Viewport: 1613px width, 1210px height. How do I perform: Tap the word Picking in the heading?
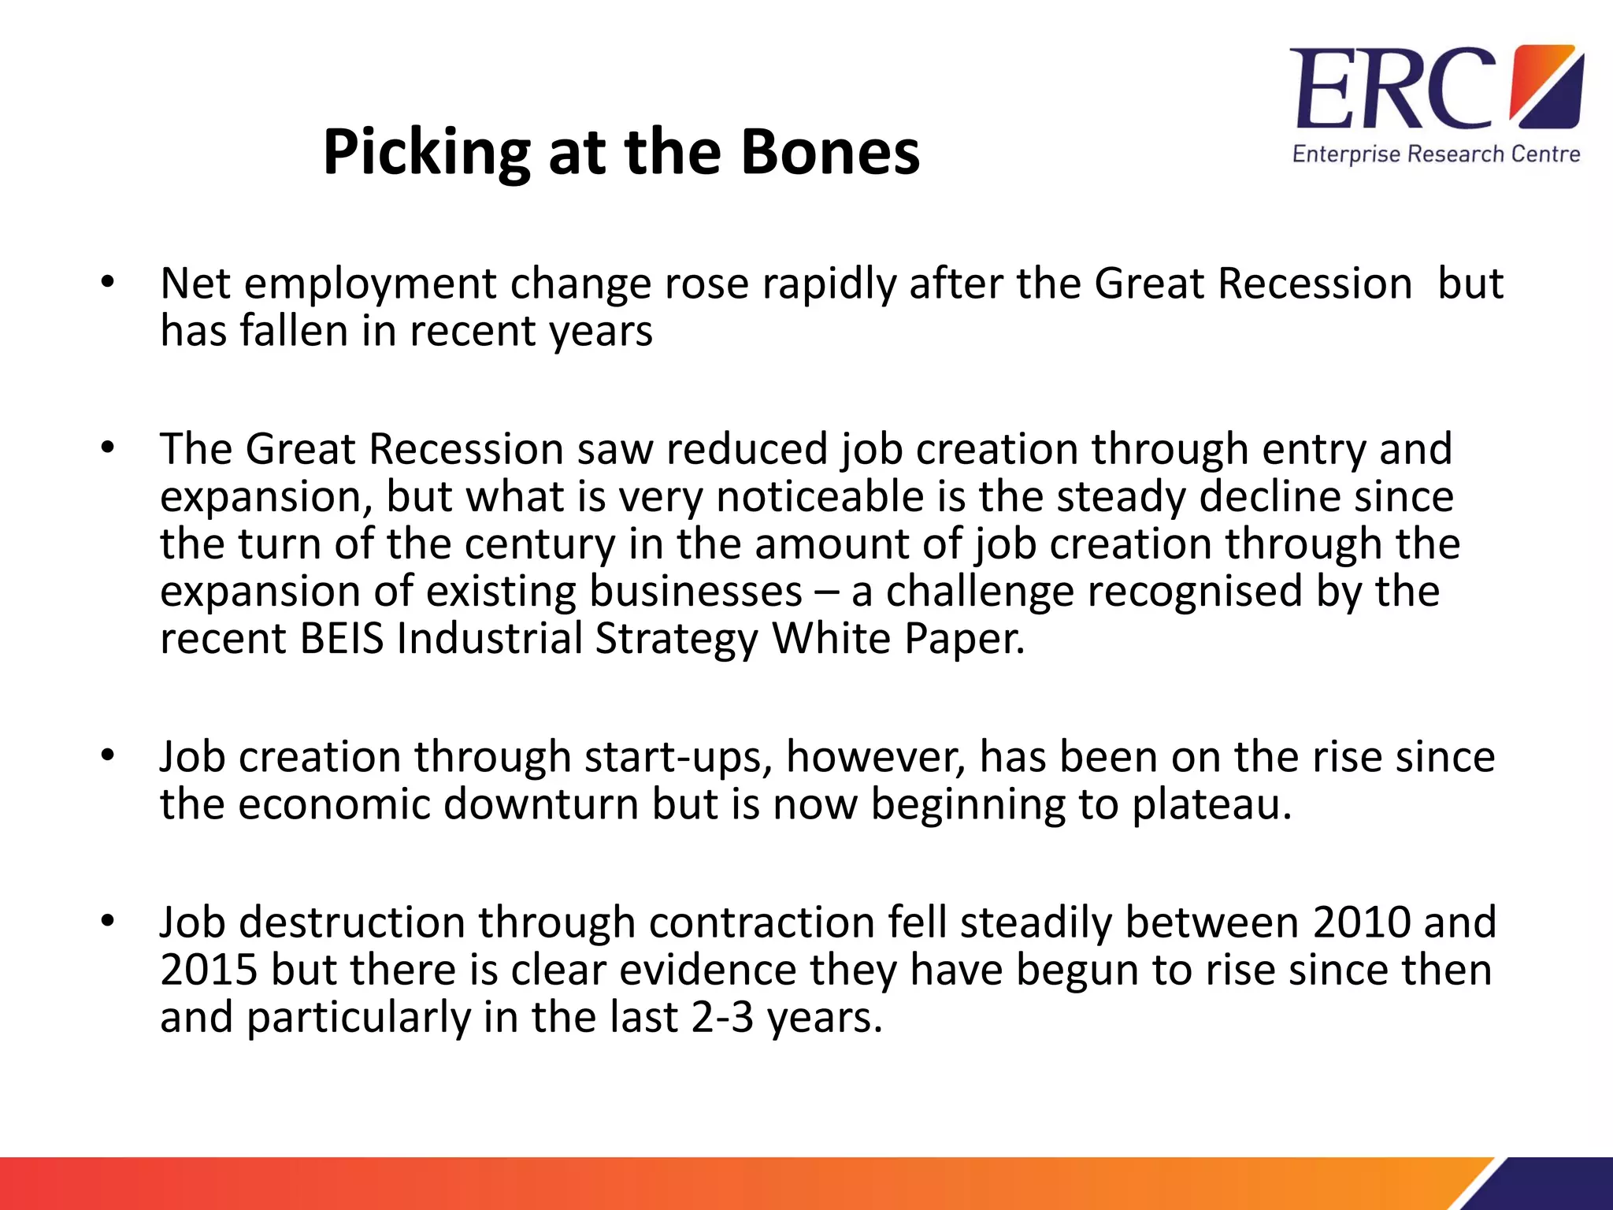(x=426, y=152)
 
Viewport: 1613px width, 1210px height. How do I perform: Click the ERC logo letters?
(x=1392, y=88)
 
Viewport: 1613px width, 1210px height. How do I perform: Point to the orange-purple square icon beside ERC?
(x=1546, y=86)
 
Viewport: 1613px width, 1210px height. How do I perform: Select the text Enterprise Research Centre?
(x=1436, y=154)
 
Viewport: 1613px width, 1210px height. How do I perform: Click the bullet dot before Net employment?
(x=108, y=283)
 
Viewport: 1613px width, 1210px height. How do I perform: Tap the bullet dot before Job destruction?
(x=108, y=921)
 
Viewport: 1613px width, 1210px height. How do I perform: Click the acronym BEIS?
(x=342, y=638)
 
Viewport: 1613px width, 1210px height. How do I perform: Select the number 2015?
(x=209, y=969)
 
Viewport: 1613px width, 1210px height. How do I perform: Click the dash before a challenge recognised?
(x=826, y=592)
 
